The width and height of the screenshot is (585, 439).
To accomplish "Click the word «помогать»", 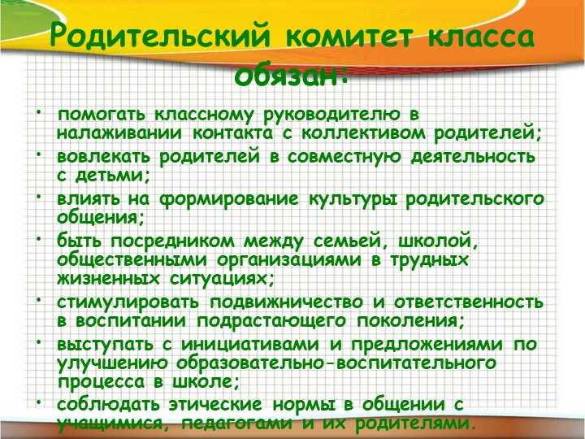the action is (x=101, y=115).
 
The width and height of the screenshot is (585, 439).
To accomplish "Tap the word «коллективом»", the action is (x=363, y=133).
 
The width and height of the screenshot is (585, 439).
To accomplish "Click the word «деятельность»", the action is (x=473, y=157).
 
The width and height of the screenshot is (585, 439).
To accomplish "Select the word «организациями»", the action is (x=289, y=261).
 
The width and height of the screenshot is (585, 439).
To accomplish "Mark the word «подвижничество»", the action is (x=286, y=302).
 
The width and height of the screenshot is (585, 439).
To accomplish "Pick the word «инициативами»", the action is (x=250, y=344).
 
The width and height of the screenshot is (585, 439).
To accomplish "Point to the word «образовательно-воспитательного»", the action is (x=336, y=363).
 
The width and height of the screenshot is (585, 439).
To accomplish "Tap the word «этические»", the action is (x=215, y=404).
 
